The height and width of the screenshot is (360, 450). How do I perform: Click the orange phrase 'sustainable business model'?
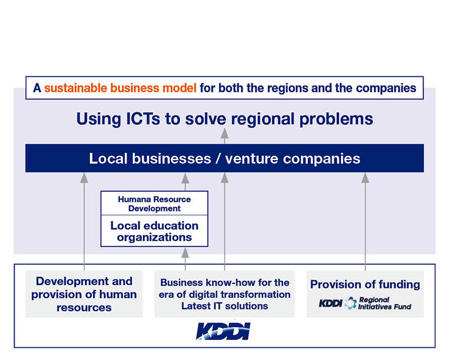coord(120,88)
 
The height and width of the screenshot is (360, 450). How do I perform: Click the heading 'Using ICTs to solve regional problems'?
coord(225,119)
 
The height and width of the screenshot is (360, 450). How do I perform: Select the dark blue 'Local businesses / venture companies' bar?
coord(224,158)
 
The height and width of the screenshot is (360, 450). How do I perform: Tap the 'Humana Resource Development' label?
coord(155,203)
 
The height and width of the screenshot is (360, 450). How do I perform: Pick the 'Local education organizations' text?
coord(155,232)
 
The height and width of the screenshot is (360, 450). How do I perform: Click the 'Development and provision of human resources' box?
coord(84,294)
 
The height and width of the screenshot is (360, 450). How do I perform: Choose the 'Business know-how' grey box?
coord(224,294)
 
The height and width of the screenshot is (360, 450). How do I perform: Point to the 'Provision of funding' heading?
coord(365,284)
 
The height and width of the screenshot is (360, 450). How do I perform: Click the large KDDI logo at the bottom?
coord(223,331)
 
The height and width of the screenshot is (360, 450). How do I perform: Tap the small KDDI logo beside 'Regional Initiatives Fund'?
coord(330,303)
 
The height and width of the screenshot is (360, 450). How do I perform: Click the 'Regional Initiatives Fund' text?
coord(384,304)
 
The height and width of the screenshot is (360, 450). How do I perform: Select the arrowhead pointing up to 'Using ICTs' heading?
coord(225,134)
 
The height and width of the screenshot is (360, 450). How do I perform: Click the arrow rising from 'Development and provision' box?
coord(84,222)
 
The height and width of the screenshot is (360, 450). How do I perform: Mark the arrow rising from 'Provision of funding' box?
coord(365,222)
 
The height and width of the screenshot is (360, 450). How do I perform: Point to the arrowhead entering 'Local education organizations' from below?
coord(185,253)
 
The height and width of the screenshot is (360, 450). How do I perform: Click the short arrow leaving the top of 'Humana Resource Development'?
coord(185,182)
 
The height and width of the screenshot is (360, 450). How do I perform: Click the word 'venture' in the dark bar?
coord(252,159)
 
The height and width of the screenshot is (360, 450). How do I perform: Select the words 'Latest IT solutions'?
coord(225,306)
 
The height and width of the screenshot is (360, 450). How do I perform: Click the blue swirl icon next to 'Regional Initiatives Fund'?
coord(350,303)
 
